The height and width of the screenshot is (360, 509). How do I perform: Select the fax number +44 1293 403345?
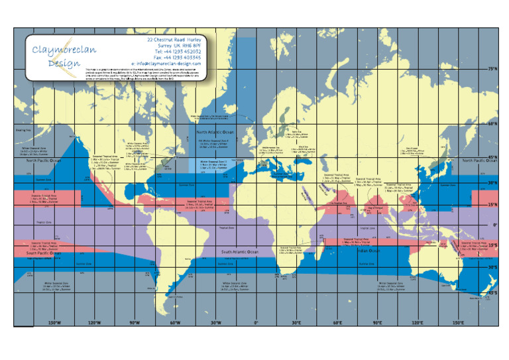point(178,57)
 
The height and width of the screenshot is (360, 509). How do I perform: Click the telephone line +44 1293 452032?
point(178,51)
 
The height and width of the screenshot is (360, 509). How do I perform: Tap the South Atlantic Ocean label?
point(240,252)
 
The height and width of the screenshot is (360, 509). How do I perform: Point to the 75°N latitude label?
point(492,68)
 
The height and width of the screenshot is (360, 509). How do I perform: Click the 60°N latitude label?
point(492,124)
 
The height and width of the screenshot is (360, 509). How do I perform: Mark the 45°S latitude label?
point(492,292)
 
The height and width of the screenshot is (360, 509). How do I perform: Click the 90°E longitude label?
point(376,322)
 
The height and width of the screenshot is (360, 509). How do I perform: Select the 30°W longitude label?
point(215,322)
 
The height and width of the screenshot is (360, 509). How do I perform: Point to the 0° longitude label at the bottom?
point(256,322)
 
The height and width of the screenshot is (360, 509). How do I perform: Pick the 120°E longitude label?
point(417,322)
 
